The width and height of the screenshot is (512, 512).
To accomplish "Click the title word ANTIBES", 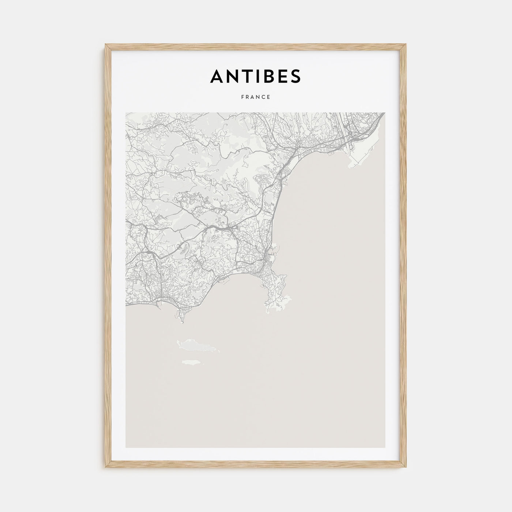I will click(256, 76).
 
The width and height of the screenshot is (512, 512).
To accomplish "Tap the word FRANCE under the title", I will click(256, 97).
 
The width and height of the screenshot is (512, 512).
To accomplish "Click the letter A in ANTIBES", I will click(217, 76).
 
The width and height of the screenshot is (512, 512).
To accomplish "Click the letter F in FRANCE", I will click(242, 97).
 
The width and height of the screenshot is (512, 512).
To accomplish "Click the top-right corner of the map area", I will click(385, 113).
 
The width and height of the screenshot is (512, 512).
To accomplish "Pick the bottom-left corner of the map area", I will click(126, 448).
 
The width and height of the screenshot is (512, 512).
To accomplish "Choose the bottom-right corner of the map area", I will click(385, 448).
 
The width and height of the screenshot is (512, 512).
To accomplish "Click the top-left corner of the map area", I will click(126, 113).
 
